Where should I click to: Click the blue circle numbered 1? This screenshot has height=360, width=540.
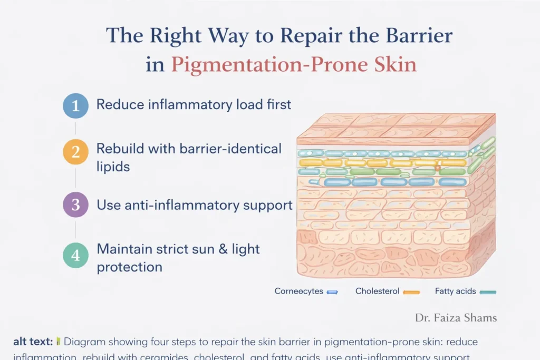(x=75, y=105)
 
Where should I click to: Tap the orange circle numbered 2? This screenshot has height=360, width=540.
(x=75, y=152)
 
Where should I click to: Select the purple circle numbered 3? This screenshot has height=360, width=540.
(x=75, y=205)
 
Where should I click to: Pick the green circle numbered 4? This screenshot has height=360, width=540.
(x=75, y=255)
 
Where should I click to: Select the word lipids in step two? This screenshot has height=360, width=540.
(x=113, y=167)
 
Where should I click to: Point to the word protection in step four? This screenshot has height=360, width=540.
(x=129, y=267)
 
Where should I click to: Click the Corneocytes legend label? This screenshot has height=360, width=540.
(x=298, y=291)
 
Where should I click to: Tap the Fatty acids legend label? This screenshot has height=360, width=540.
(x=456, y=291)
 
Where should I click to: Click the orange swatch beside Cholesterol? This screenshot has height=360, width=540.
(x=411, y=291)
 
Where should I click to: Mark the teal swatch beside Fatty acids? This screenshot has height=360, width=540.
(x=488, y=291)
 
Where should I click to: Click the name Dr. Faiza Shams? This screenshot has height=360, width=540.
(x=456, y=318)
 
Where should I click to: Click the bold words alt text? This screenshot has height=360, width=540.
(x=33, y=342)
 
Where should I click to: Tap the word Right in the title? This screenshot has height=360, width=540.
(x=173, y=36)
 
